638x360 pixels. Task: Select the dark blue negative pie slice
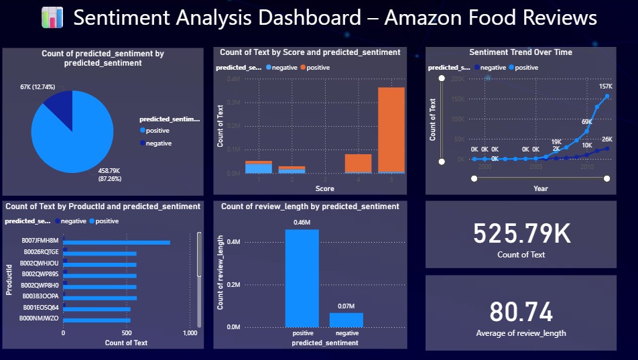pos(60,109)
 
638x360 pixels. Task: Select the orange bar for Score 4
pos(358,163)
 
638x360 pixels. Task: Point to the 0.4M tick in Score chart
pos(233,79)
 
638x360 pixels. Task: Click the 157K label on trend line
pos(606,86)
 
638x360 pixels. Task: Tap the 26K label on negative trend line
pos(607,139)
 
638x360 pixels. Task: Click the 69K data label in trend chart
pos(586,122)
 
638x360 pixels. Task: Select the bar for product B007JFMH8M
pos(117,243)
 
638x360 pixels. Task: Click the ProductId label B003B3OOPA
pos(40,296)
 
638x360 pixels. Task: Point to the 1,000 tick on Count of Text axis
pos(190,333)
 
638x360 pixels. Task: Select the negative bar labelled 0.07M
pos(346,319)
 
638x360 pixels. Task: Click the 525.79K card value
pos(521,233)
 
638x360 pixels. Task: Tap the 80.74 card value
pos(521,312)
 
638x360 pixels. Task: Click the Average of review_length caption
pos(521,333)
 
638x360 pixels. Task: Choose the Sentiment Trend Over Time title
pos(521,52)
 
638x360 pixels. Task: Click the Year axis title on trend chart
pos(540,188)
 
